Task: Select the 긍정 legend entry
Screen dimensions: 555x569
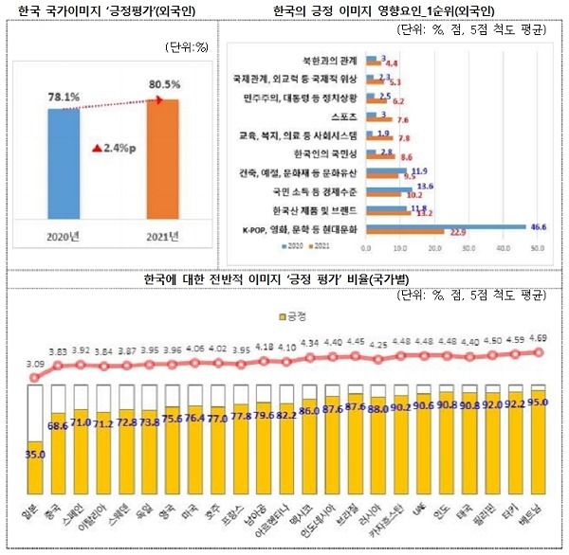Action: tap(287, 314)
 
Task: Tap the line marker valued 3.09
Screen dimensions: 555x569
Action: tap(35, 377)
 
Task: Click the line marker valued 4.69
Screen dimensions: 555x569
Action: tap(539, 351)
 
